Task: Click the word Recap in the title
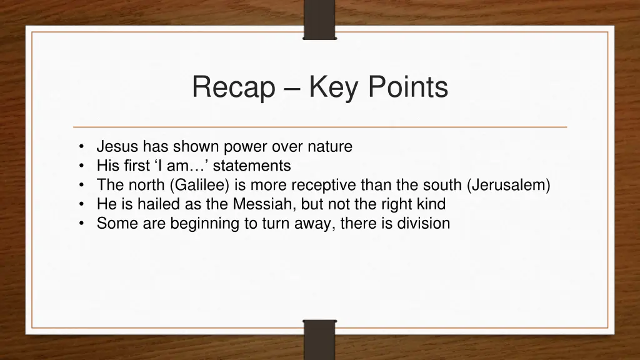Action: (233, 87)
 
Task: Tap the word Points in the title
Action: (407, 87)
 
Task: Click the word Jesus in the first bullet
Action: (117, 147)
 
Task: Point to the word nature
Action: (329, 147)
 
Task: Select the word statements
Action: (252, 166)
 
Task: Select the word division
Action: (423, 224)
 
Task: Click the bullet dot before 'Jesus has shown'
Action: (82, 147)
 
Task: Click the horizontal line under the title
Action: (320, 127)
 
